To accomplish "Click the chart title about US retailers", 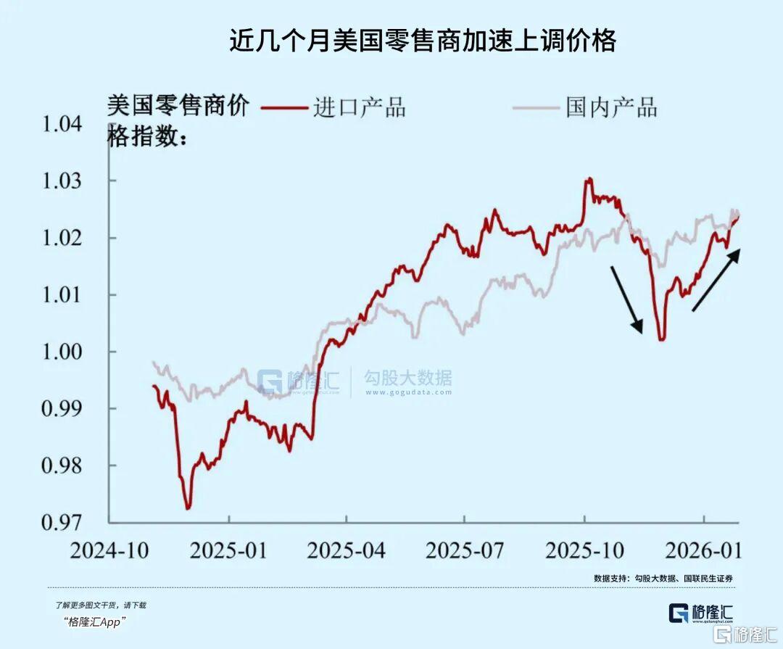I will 423,41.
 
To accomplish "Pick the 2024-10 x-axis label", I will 109,550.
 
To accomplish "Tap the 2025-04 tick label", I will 347,550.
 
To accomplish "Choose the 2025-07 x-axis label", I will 465,550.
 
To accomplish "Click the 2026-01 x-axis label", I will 703,550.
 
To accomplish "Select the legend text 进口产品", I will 359,108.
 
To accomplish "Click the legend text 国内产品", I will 611,108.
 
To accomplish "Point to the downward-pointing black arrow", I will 626,299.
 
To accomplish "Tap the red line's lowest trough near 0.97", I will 188,508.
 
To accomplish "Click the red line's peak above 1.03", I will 589,179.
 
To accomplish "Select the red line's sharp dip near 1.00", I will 661,339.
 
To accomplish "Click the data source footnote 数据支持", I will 663,578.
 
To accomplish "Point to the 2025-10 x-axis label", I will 584,550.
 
